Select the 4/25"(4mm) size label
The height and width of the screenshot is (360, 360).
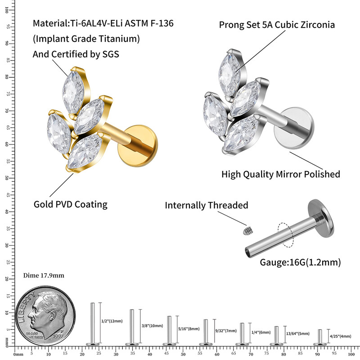tap(340, 336)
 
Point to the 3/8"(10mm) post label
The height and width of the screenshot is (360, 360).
tap(152, 325)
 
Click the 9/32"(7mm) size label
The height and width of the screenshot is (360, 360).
tap(226, 330)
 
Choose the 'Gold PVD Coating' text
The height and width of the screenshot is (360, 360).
tap(71, 204)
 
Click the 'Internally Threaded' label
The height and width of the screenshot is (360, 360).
tap(207, 206)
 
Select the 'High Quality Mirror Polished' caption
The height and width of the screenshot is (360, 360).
tap(281, 174)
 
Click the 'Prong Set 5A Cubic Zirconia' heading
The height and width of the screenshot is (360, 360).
tap(277, 24)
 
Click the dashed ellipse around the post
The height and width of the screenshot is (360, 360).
tap(285, 234)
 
